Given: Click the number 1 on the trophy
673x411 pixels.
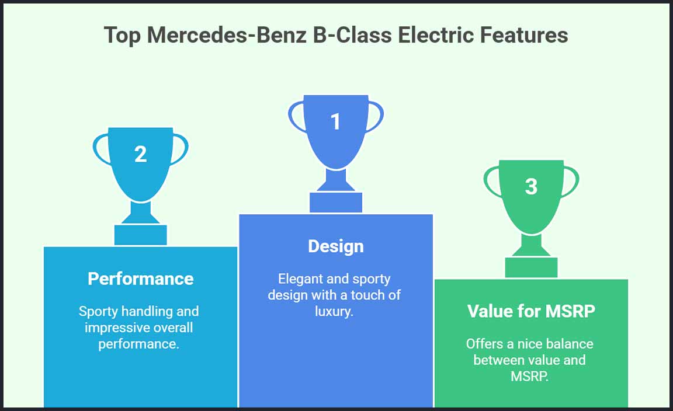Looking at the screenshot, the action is coord(336,121).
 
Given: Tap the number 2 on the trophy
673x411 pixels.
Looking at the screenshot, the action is coord(140,154).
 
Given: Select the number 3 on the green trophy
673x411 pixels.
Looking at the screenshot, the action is coord(532,187).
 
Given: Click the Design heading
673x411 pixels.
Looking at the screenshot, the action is coord(336,246).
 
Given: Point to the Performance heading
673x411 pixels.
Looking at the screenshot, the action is coord(141,279).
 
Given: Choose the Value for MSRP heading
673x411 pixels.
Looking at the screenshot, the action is coord(532,311).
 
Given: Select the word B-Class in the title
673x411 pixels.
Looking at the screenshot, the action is coord(352,35).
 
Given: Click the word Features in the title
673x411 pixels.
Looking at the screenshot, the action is coord(524,35).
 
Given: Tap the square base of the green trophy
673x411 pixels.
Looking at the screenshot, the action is coord(532,268).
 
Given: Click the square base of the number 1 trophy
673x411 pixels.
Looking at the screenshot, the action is coord(336,203).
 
